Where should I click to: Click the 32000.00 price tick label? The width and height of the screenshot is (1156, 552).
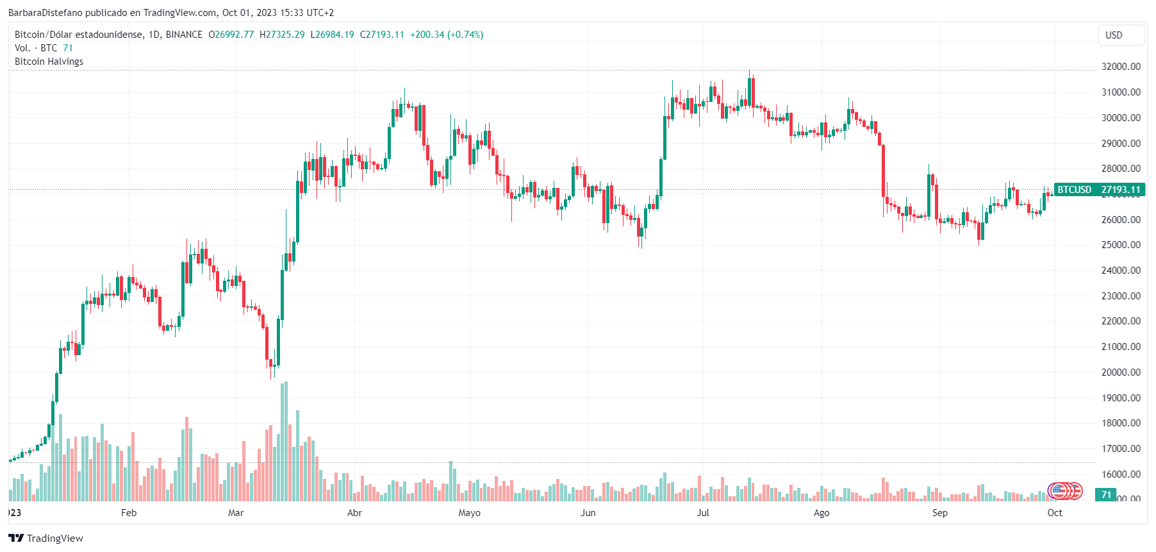1121,67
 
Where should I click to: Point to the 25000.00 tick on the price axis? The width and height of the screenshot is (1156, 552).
1121,245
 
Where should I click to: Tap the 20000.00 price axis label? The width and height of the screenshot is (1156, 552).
1121,372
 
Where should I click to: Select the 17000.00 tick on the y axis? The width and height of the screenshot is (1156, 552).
1121,449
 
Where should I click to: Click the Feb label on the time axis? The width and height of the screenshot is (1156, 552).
129,513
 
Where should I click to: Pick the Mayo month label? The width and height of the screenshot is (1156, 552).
469,513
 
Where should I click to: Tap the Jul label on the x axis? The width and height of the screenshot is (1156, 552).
703,513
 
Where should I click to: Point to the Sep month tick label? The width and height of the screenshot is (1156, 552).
939,513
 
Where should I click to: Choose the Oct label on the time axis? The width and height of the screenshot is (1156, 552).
1055,513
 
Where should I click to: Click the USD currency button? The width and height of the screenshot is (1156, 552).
1114,35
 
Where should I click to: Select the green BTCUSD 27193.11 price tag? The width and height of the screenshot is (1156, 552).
1099,190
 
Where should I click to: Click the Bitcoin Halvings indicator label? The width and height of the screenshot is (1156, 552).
49,62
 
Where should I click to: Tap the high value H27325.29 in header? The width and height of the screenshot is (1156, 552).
282,35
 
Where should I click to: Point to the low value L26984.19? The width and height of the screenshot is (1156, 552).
332,35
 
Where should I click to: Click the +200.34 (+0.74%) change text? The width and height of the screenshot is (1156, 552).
447,35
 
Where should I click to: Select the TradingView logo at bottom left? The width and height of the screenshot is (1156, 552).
45,538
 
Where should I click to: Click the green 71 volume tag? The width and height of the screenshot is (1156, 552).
1106,495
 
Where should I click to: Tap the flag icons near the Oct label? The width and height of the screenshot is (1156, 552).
1065,492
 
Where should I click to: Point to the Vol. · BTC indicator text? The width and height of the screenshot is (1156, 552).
36,48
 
